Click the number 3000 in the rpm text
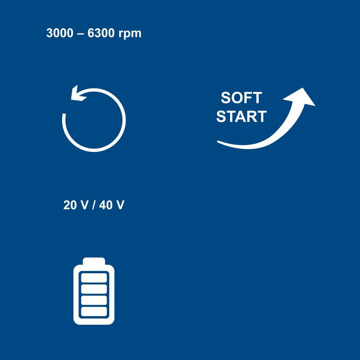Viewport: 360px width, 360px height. point(60,33)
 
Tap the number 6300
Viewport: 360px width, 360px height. point(101,33)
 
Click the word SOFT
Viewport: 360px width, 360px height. point(241,98)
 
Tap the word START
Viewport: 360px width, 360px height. point(241,116)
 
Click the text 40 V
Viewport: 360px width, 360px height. point(112,205)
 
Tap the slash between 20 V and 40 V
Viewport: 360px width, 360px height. point(93,205)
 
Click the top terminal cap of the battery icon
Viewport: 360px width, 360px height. point(94,261)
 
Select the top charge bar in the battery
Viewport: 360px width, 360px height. point(94,278)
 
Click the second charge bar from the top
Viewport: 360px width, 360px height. point(94,289)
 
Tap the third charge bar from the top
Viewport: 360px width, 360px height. point(94,300)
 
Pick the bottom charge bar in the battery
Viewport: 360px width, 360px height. point(94,311)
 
